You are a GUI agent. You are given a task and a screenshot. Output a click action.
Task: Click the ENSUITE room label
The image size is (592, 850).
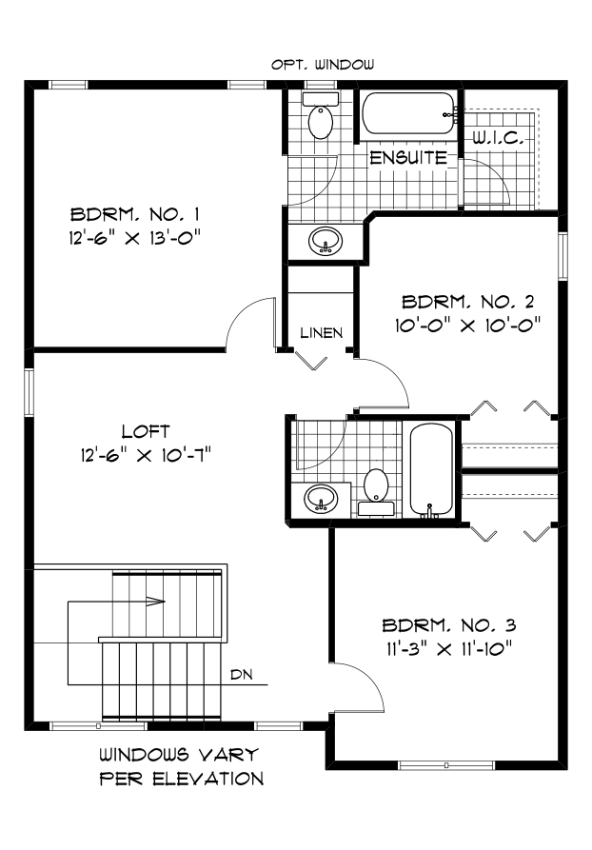tap(407, 158)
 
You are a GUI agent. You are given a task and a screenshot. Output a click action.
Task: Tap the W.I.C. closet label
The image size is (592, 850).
tap(499, 139)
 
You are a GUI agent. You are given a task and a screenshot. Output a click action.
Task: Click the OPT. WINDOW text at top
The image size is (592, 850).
tap(323, 65)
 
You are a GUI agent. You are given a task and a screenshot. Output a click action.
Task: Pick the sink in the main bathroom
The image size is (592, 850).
tap(321, 497)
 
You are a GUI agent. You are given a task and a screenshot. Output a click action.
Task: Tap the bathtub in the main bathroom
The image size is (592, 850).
tap(434, 470)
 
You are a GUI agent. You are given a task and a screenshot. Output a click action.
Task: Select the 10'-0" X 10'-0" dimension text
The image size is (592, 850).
tap(470, 325)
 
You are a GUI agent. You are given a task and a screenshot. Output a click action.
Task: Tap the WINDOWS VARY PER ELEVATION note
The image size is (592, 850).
tap(181, 767)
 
